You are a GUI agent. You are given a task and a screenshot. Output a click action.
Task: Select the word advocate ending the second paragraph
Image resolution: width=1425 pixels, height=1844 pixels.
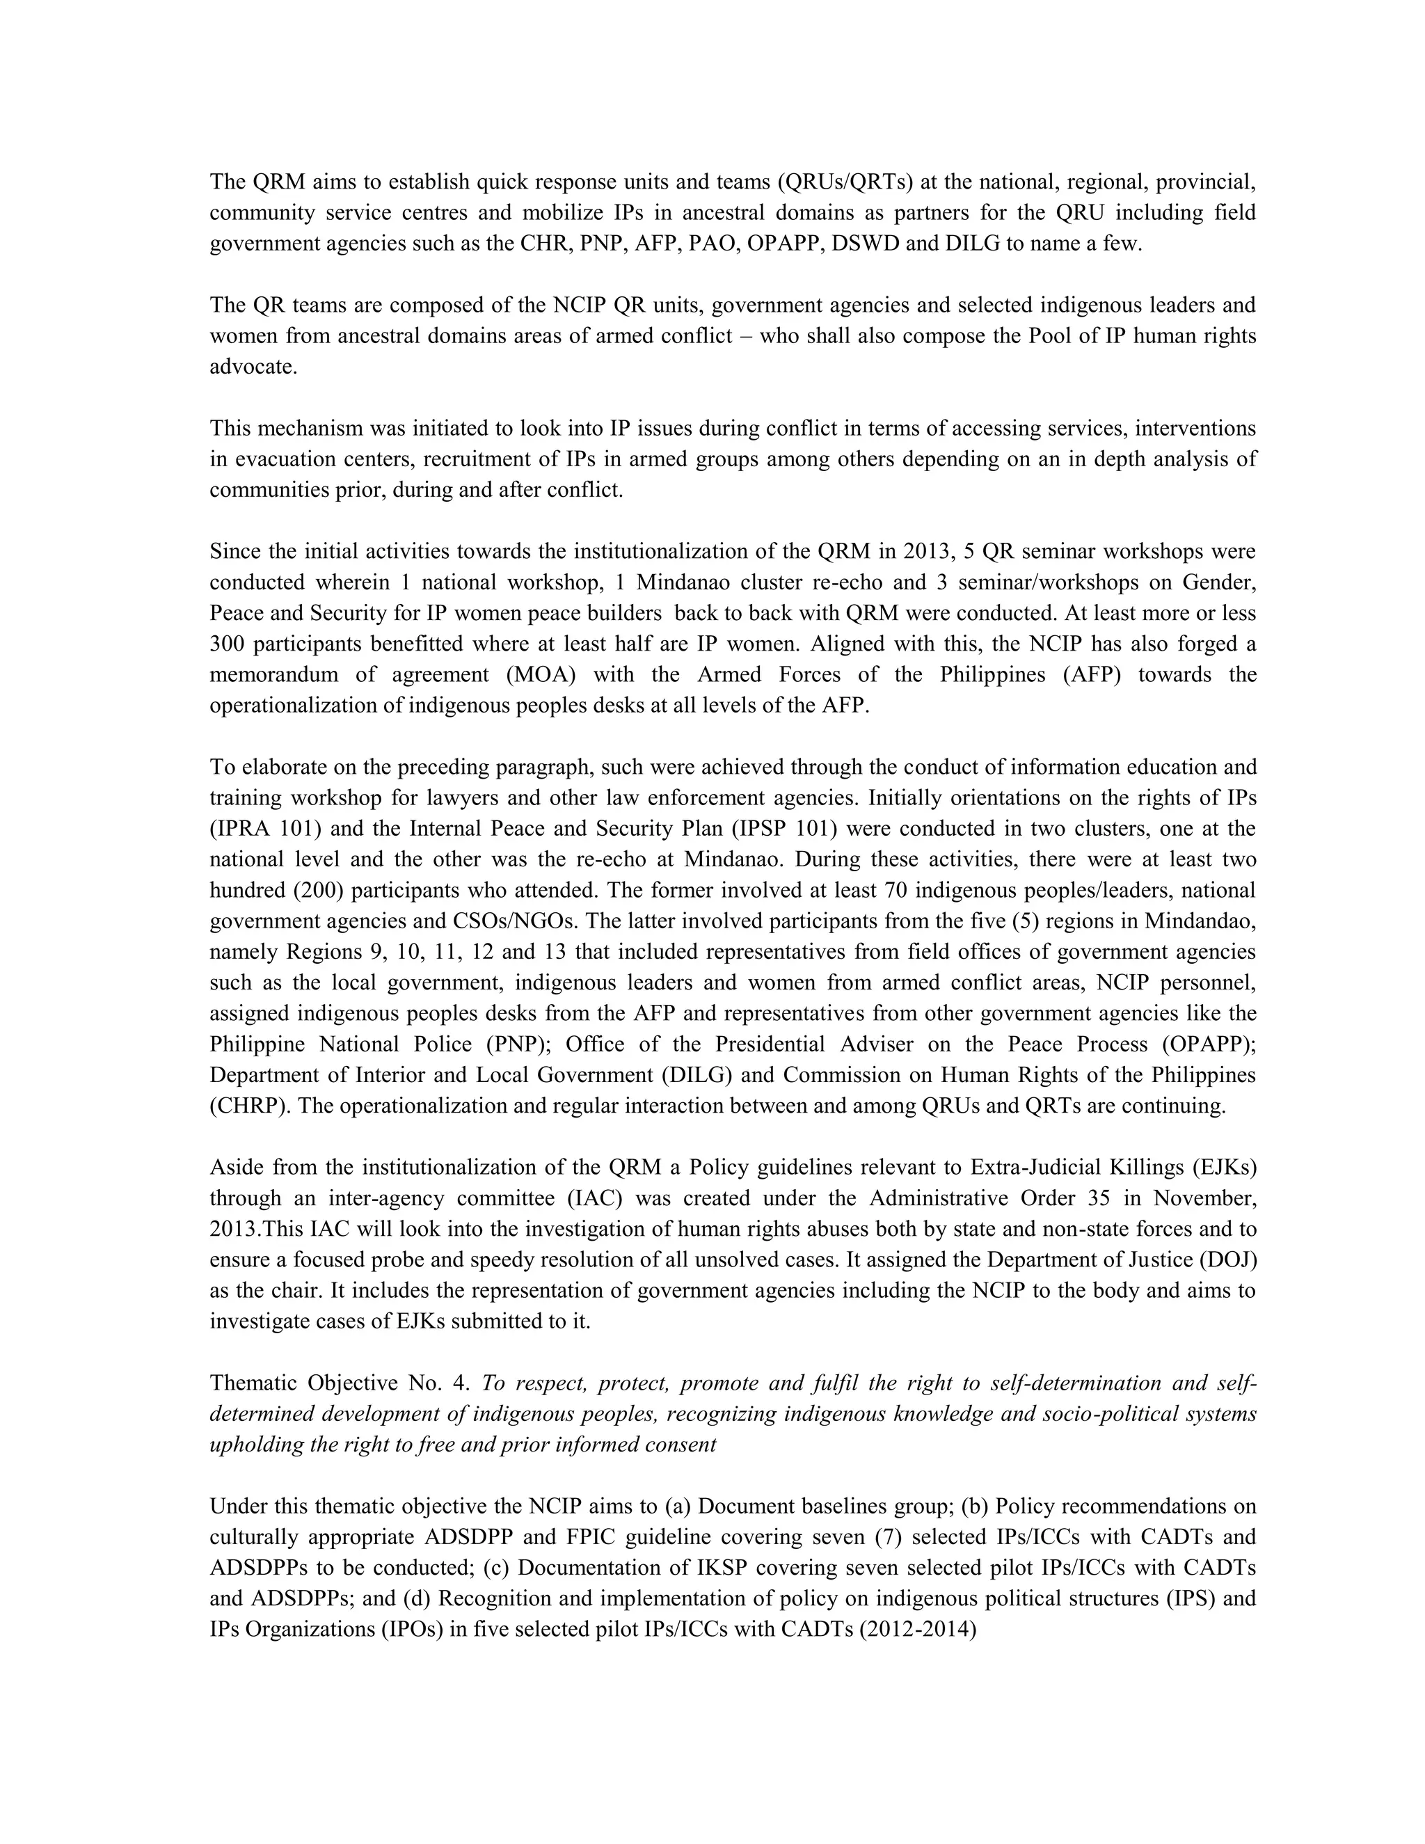253,367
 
